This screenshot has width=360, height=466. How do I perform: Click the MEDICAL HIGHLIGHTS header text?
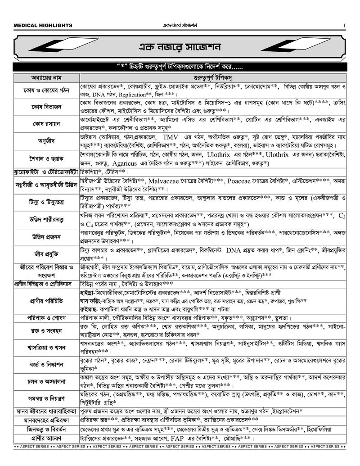pyautogui.click(x=43, y=25)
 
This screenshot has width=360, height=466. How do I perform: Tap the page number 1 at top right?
pyautogui.click(x=345, y=25)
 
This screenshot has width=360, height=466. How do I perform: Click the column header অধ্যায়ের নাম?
pyautogui.click(x=46, y=76)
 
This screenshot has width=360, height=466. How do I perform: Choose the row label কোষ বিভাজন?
pyautogui.click(x=46, y=107)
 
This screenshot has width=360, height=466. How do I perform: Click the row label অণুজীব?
pyautogui.click(x=46, y=140)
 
